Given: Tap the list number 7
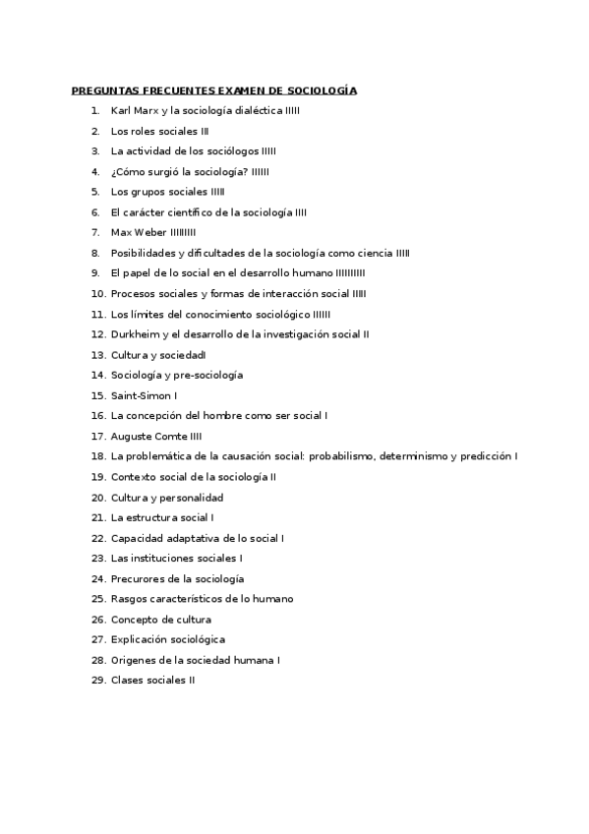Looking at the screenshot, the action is click(x=95, y=233).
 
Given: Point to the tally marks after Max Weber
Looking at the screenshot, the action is click(x=183, y=233).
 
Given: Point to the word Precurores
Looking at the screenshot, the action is click(x=137, y=579).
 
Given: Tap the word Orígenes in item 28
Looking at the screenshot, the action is click(x=133, y=661).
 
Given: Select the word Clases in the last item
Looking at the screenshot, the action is click(x=127, y=681).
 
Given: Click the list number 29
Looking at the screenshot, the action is click(x=97, y=681).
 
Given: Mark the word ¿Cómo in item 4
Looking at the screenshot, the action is click(x=129, y=172).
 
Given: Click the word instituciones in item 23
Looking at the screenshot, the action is click(x=162, y=559).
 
